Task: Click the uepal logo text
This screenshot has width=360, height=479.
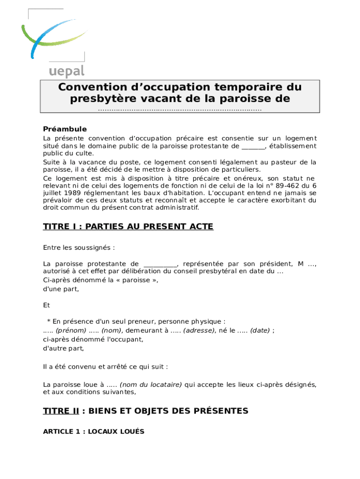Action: point(66,71)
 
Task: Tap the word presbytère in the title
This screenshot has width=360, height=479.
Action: point(102,99)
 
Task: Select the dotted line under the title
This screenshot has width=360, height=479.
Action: point(180,109)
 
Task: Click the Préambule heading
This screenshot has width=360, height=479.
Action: point(65,129)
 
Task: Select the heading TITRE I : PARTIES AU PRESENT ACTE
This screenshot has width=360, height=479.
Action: point(128,227)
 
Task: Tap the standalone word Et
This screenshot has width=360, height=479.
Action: point(46,305)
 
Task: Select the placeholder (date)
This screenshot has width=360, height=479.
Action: point(259,330)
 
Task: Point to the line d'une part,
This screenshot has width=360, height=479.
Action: point(61,289)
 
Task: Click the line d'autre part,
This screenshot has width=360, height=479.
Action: point(64,348)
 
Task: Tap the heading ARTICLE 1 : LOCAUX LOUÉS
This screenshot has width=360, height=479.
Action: point(94,432)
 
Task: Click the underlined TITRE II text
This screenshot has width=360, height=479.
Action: point(61,411)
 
